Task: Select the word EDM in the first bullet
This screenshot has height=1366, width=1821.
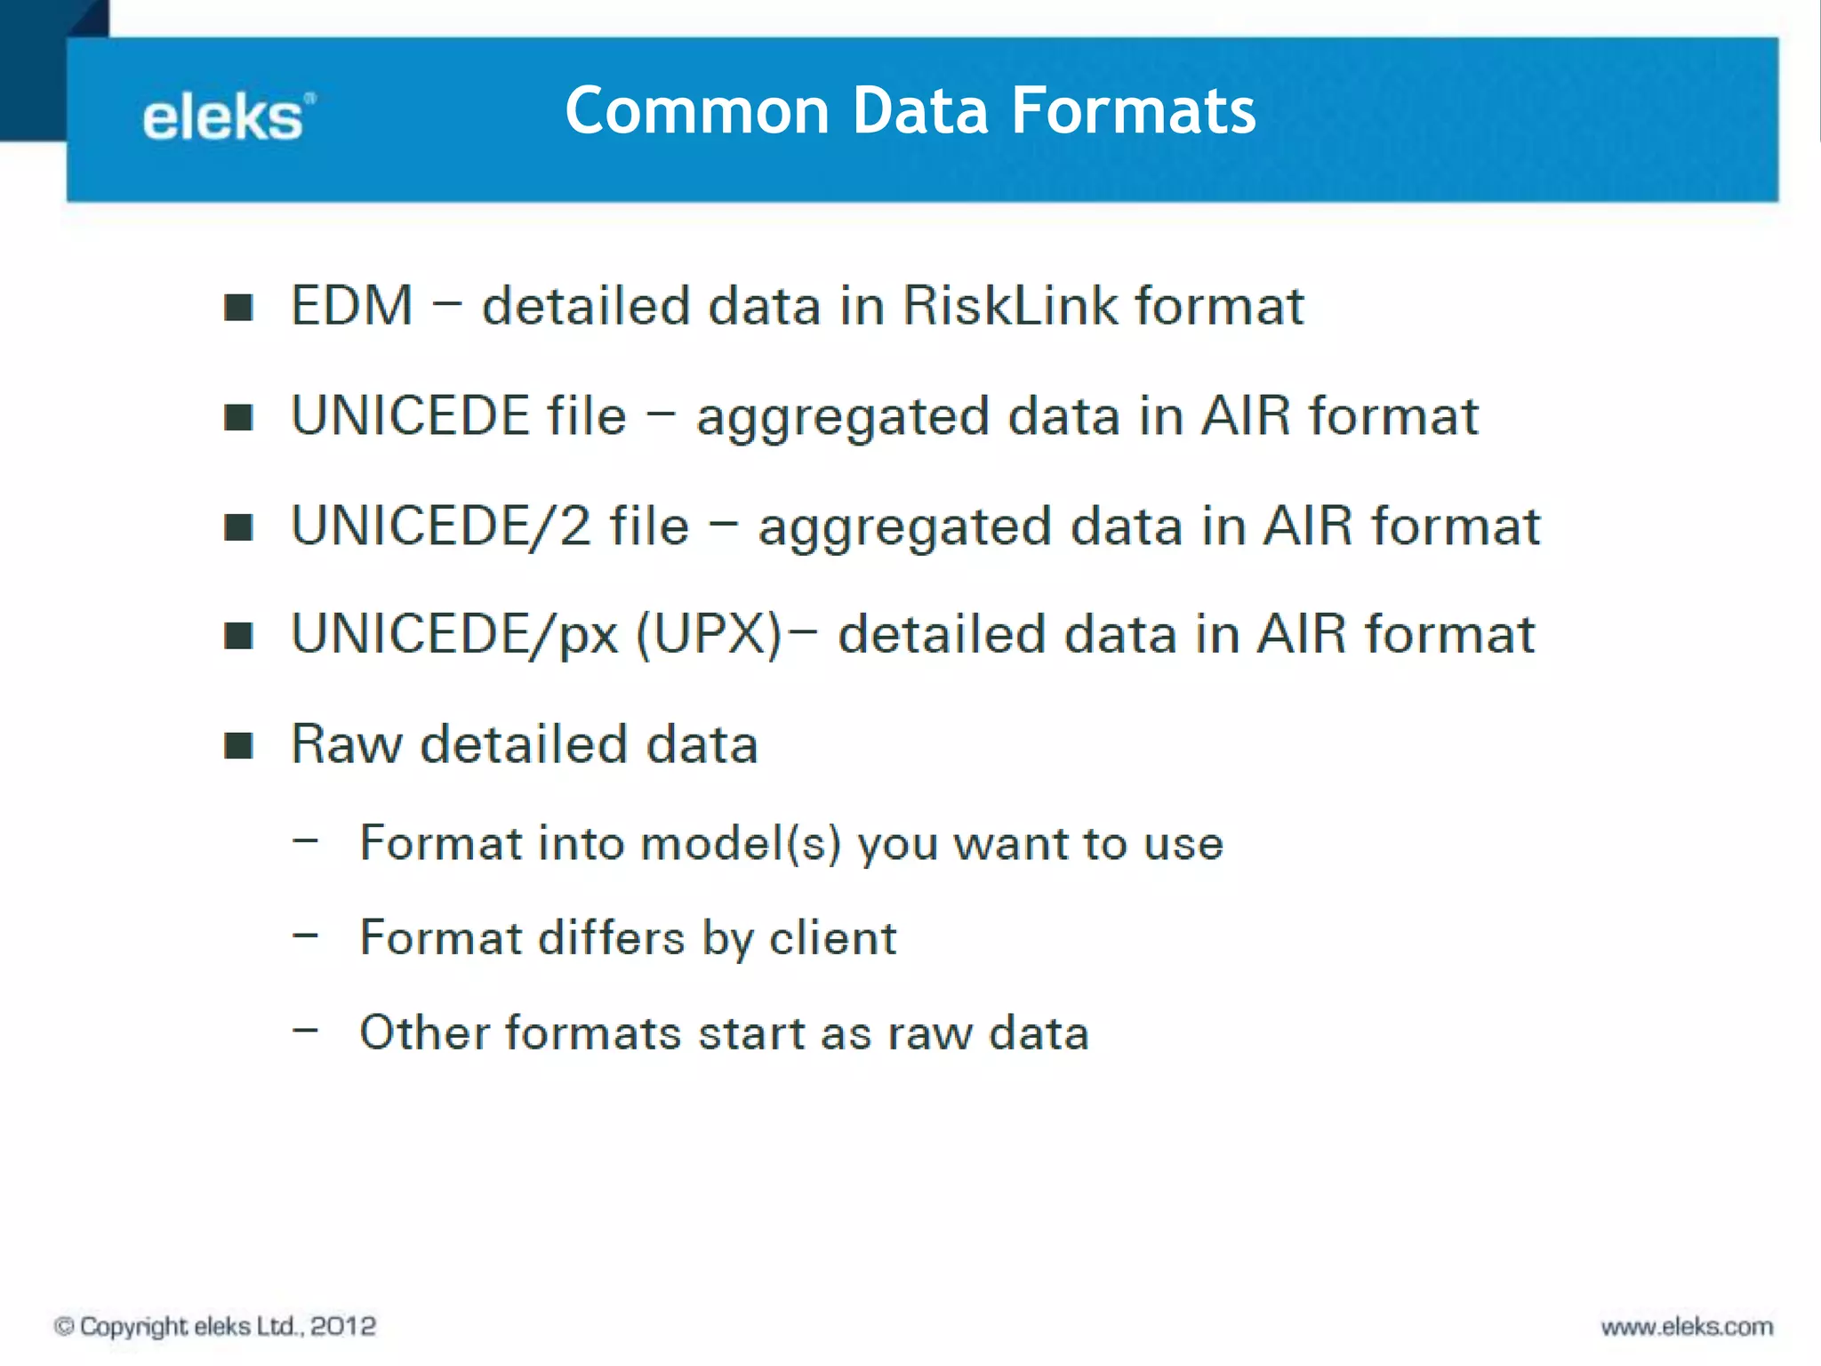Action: click(x=352, y=306)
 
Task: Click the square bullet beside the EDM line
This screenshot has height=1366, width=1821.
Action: click(x=238, y=308)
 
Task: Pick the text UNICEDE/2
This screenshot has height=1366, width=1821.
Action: click(x=441, y=526)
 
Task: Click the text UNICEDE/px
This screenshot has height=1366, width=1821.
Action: click(x=454, y=635)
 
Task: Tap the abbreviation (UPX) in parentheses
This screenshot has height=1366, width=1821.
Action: click(x=710, y=635)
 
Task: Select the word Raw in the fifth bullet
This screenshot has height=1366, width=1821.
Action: click(x=346, y=744)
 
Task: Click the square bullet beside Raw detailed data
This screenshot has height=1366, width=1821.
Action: click(x=238, y=745)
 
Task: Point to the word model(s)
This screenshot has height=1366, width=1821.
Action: click(x=741, y=843)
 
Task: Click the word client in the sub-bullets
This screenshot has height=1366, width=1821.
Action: click(x=833, y=938)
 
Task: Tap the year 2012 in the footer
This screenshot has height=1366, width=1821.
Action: click(x=343, y=1326)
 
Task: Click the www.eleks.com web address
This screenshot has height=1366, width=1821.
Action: click(x=1687, y=1327)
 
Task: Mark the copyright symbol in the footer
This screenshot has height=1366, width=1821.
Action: click(x=64, y=1326)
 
